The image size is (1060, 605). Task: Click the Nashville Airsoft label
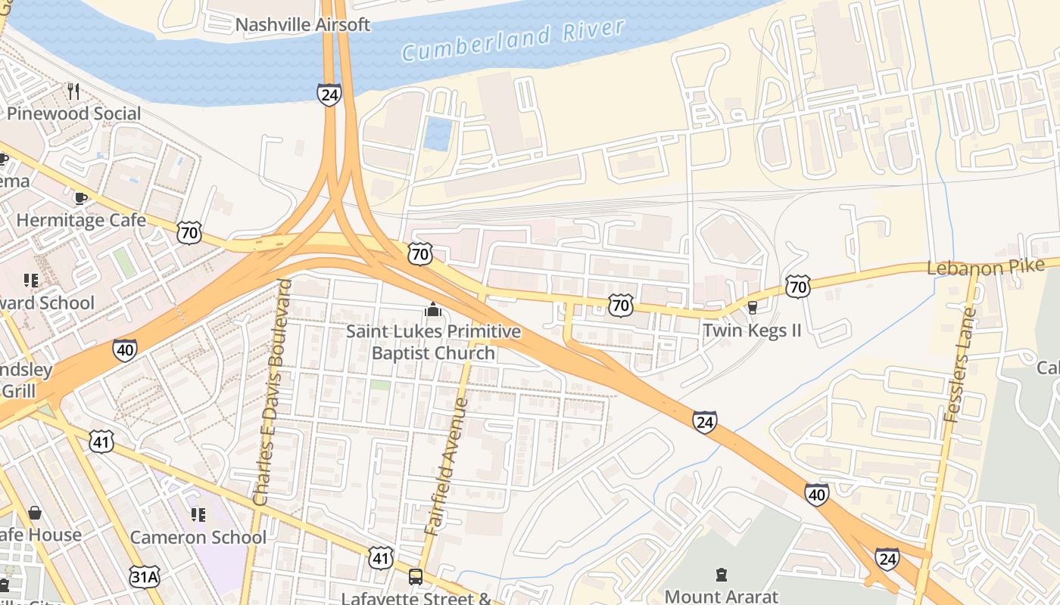(303, 25)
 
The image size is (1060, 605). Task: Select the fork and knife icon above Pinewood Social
(73, 92)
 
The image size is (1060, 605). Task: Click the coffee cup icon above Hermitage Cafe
(80, 198)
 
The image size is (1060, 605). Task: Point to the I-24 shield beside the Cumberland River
(329, 95)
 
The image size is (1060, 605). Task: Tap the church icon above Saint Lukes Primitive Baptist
(433, 309)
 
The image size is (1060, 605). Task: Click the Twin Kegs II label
(752, 330)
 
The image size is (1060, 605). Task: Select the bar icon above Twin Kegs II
(752, 307)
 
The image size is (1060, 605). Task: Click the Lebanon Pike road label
(985, 267)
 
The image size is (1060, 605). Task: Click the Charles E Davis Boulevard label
(273, 392)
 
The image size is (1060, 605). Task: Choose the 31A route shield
(144, 577)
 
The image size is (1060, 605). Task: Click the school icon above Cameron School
(198, 516)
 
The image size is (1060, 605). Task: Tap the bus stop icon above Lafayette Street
(415, 577)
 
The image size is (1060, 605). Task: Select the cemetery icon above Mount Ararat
(721, 576)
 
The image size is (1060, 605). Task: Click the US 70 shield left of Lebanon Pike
(797, 286)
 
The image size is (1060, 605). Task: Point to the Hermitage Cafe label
(81, 221)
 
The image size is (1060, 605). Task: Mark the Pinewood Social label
(74, 113)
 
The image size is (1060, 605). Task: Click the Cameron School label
(198, 538)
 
